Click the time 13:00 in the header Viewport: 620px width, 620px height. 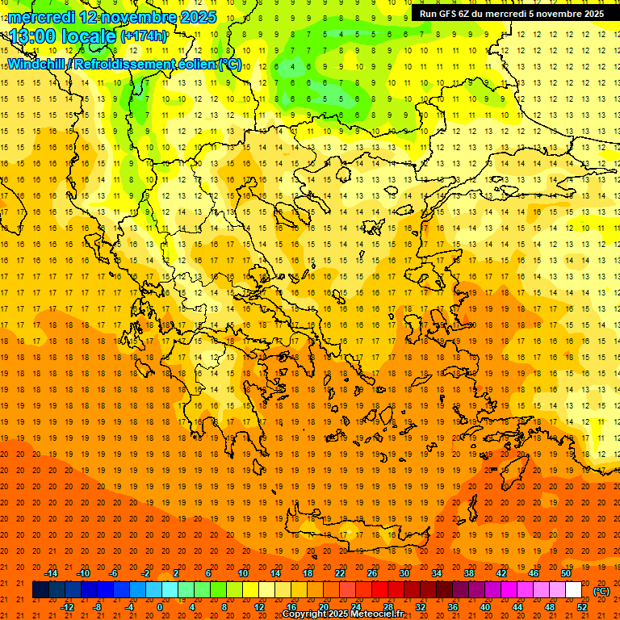click(x=36, y=36)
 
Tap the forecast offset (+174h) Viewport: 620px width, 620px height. click(x=144, y=36)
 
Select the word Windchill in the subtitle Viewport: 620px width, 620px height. click(x=36, y=64)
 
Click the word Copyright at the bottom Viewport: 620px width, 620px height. click(x=304, y=614)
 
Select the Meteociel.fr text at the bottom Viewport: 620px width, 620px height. click(x=375, y=614)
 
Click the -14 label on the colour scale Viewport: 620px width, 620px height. click(x=52, y=573)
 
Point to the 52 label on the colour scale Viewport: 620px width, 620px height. click(x=582, y=607)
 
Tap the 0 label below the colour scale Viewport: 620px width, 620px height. click(x=159, y=607)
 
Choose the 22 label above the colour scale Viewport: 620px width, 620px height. click(x=340, y=573)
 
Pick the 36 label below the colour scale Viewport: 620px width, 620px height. click(x=453, y=607)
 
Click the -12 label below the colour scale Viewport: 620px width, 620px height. click(x=68, y=607)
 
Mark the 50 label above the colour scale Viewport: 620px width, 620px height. click(x=566, y=573)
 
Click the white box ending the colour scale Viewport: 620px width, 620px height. click(x=573, y=590)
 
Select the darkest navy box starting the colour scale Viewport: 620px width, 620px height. click(x=40, y=590)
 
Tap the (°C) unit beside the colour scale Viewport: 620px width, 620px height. click(x=601, y=591)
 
